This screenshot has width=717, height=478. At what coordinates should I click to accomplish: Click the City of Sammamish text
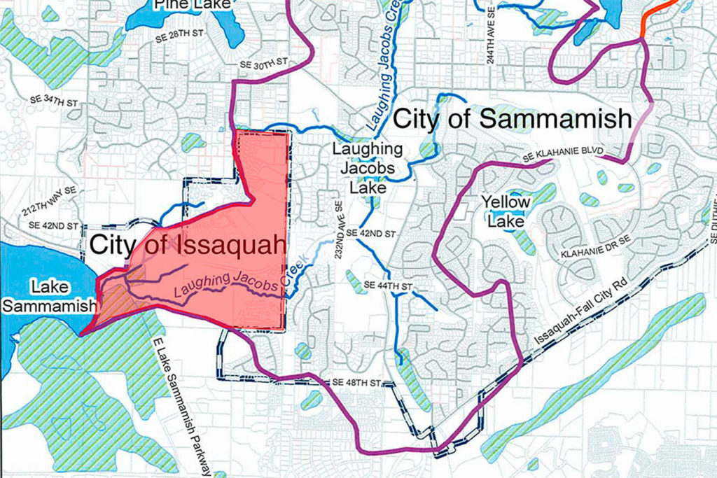(513, 119)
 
